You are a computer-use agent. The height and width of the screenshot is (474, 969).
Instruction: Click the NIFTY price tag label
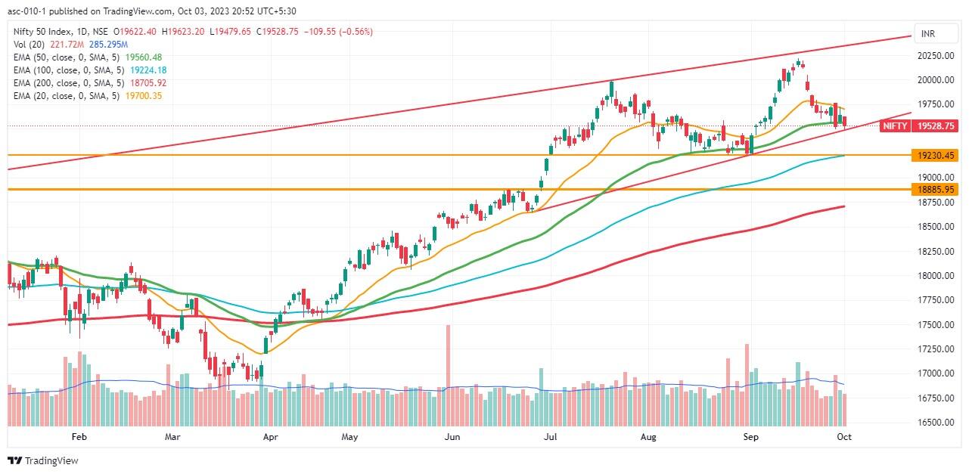point(894,126)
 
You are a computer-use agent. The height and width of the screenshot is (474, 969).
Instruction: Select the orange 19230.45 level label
point(935,155)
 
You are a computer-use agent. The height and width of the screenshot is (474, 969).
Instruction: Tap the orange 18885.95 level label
point(935,189)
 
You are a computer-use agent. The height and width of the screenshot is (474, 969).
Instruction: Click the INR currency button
point(927,34)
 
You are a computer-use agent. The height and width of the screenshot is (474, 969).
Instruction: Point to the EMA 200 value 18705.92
point(148,82)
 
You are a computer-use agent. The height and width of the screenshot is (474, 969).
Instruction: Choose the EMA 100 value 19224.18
point(148,70)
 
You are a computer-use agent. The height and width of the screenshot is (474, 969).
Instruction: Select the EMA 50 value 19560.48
point(144,57)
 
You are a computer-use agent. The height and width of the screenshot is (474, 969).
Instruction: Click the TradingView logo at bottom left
point(43,460)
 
